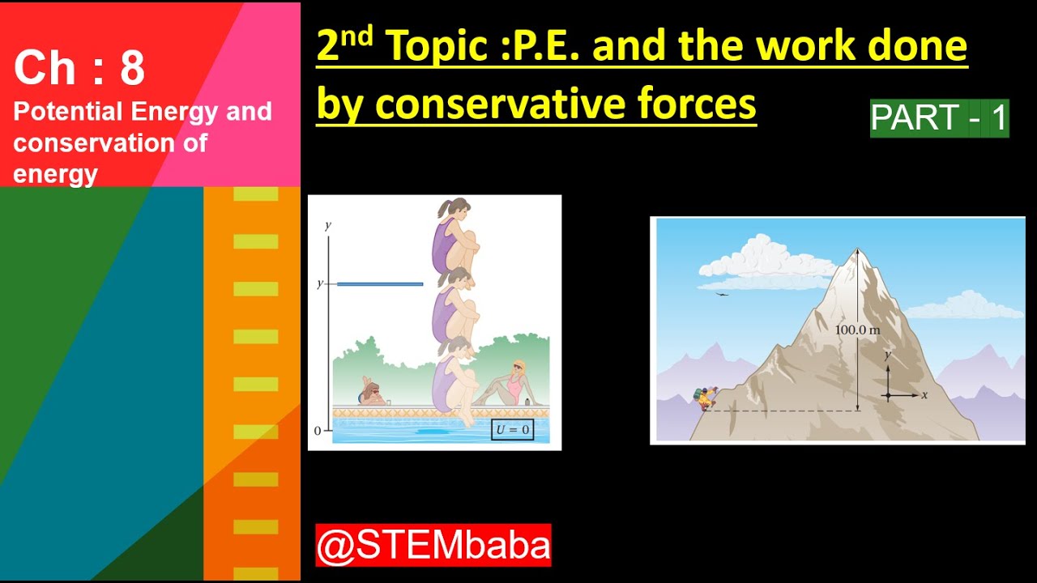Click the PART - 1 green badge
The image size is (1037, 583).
click(939, 118)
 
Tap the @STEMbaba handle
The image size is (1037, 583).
click(433, 545)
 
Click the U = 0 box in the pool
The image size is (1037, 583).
click(512, 429)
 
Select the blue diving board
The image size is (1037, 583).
click(380, 284)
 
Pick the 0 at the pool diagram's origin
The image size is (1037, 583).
click(318, 432)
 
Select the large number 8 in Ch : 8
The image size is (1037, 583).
click(132, 69)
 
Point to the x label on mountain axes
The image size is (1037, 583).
click(924, 395)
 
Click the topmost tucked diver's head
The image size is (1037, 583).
click(455, 209)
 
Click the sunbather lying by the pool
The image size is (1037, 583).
click(372, 394)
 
